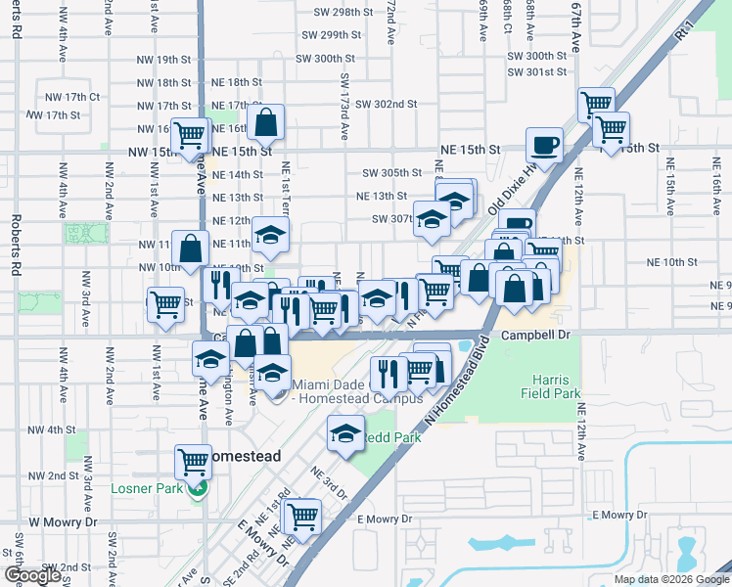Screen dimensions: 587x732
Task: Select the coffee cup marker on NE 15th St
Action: pos(544,146)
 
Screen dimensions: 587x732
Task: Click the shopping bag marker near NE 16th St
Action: pos(265,123)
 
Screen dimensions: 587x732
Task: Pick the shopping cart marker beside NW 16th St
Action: pos(189,134)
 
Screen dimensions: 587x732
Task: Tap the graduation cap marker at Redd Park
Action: pos(343,432)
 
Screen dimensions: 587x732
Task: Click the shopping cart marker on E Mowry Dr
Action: pos(302,515)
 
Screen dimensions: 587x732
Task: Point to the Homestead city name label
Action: pos(241,457)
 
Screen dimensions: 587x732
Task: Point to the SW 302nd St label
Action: pos(387,104)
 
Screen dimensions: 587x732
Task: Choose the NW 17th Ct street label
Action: pos(72,97)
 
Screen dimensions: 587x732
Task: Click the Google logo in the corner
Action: pos(33,575)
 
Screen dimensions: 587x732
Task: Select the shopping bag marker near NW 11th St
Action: pos(190,248)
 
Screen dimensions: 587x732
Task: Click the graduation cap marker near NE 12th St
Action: pos(271,235)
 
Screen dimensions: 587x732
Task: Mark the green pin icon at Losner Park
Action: pos(199,490)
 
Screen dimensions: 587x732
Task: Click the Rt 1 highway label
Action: pos(681,32)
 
